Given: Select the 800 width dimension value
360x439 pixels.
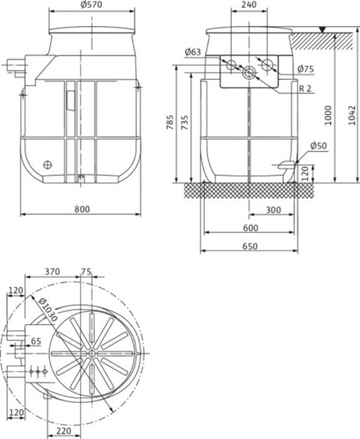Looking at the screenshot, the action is [x=82, y=209].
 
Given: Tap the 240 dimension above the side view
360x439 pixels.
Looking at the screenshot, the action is [x=249, y=4].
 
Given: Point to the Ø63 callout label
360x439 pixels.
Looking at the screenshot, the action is [x=193, y=52].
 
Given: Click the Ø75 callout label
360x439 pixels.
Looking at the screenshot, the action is [x=306, y=69].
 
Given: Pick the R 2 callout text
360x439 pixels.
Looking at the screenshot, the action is [x=306, y=89].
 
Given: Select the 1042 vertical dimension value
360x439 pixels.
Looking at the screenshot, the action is [x=352, y=115].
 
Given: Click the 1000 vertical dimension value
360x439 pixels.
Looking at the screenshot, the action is [x=328, y=115].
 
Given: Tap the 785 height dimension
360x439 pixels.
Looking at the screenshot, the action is [x=170, y=122].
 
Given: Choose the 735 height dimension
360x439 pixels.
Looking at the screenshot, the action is [x=184, y=122].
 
